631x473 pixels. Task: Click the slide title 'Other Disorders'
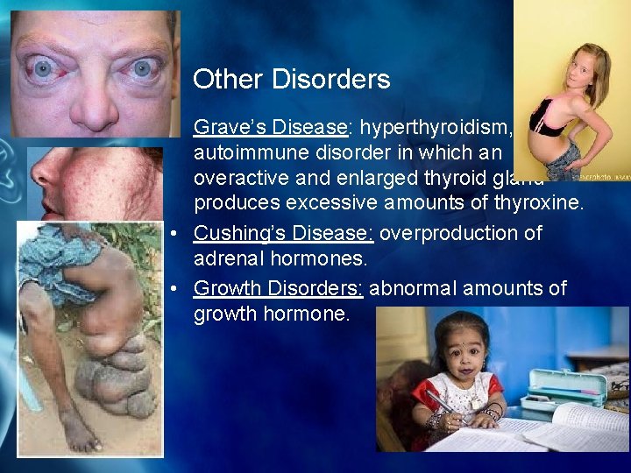coord(291,80)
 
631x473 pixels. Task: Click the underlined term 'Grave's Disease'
coord(270,127)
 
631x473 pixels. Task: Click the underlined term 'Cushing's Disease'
coord(283,234)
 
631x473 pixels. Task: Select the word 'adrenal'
coord(227,260)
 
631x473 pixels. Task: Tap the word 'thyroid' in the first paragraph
coord(475,179)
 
